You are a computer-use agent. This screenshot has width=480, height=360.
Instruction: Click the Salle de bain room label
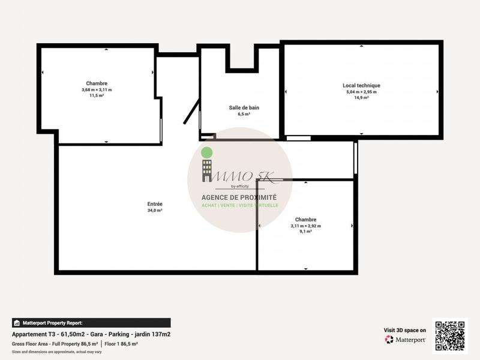click(x=244, y=108)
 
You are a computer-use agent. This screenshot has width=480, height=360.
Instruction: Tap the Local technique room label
click(x=361, y=86)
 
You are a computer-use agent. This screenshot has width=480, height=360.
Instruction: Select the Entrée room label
click(x=155, y=204)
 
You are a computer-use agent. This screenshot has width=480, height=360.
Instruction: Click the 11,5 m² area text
click(x=97, y=95)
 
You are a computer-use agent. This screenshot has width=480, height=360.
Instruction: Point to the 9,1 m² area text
click(x=305, y=231)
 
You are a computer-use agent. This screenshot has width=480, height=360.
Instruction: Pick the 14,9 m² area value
click(x=361, y=97)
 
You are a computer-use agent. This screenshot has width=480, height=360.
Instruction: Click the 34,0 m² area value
click(x=155, y=211)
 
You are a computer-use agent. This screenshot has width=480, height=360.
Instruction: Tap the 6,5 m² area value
click(x=244, y=114)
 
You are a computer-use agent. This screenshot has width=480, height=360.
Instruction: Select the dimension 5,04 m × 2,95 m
click(x=361, y=92)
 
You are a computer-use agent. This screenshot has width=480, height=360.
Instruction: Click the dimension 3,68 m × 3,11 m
click(x=97, y=90)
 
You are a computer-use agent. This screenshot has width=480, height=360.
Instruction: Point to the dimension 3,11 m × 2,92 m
click(x=305, y=226)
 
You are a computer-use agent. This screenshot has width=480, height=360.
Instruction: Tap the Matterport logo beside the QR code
click(x=405, y=340)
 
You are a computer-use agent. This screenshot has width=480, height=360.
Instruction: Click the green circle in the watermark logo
click(x=206, y=152)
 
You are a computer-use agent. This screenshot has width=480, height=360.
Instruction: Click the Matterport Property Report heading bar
click(x=91, y=323)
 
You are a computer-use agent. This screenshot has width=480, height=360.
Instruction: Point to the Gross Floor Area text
click(x=55, y=344)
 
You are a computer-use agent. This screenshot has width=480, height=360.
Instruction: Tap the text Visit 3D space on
click(x=405, y=330)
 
